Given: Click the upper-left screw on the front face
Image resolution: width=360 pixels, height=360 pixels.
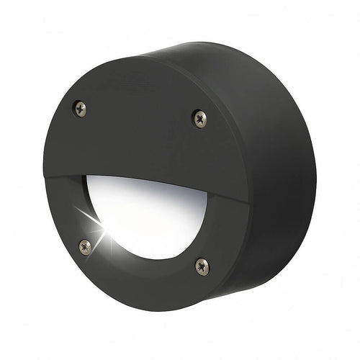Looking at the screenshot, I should (x=81, y=109).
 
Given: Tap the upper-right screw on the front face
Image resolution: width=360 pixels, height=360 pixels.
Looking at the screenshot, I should (x=199, y=118).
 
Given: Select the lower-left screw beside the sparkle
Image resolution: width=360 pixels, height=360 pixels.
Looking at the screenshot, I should (x=86, y=246).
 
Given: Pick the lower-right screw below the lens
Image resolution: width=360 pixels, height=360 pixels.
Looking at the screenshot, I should (x=202, y=266).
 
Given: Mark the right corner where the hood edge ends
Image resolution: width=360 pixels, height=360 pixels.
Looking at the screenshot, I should (x=247, y=204).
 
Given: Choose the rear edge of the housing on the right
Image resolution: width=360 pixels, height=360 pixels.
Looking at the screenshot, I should (x=314, y=166).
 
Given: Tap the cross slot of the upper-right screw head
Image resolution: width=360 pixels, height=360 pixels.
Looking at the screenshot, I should (x=199, y=118).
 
